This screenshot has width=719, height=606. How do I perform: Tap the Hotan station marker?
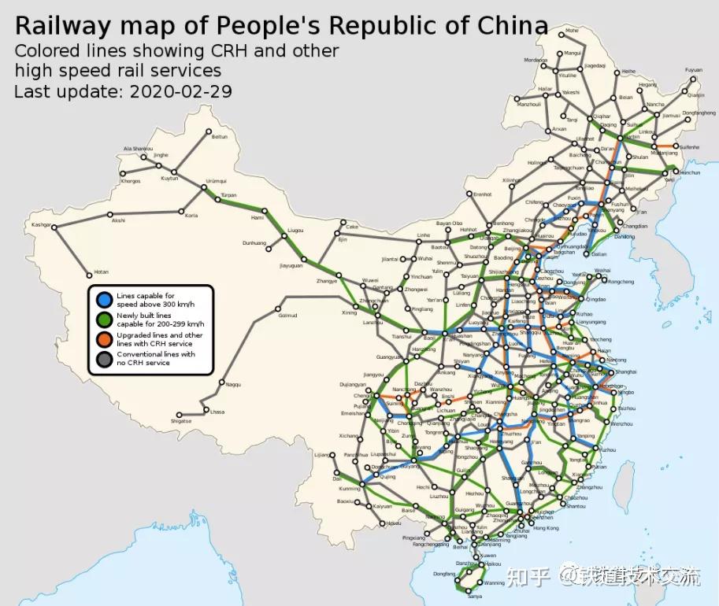(89, 275)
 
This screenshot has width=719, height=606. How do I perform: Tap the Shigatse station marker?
(180, 414)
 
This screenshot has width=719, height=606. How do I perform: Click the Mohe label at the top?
(571, 31)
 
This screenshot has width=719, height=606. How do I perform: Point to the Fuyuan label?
(693, 70)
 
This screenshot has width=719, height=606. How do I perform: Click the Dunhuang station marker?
(269, 249)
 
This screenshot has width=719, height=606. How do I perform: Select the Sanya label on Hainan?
(474, 597)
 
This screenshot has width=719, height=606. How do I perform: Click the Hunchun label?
(689, 172)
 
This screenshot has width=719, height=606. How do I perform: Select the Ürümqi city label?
(216, 181)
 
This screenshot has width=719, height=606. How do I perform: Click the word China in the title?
(513, 25)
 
